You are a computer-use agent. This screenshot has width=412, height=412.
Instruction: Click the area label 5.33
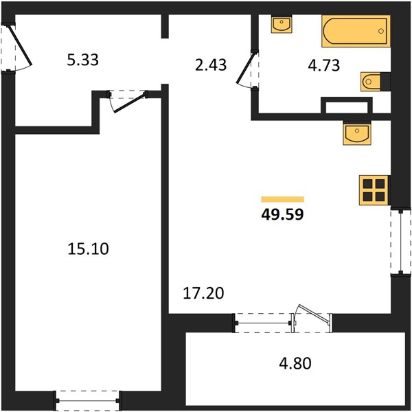point(83,60)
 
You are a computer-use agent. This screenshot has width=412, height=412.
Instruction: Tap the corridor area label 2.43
point(211,65)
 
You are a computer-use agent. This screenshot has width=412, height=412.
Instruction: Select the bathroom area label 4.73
point(323,65)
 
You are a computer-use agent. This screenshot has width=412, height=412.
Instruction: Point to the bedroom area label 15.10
point(88,249)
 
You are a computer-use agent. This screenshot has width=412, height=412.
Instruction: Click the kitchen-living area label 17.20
point(203,293)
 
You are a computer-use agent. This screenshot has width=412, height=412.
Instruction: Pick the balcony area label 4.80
point(295,363)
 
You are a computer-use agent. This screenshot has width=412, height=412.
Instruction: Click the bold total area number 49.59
point(282,214)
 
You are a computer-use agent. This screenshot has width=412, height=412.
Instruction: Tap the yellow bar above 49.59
point(282,199)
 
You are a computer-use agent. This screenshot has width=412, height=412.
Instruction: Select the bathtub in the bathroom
point(356,31)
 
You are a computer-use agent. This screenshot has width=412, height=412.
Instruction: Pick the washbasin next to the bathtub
point(282,24)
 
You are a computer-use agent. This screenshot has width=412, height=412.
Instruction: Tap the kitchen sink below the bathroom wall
point(357,133)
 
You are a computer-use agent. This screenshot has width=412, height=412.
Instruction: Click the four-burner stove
point(374,190)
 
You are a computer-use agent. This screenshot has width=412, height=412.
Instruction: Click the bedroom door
point(129,102)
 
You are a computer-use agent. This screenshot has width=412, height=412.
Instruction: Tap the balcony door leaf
point(313,314)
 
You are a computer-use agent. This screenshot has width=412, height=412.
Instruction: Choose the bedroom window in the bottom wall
point(87,401)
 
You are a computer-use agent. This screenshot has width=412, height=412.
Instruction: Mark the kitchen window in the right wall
point(401,242)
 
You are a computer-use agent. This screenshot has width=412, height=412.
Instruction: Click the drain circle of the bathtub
point(380,31)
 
